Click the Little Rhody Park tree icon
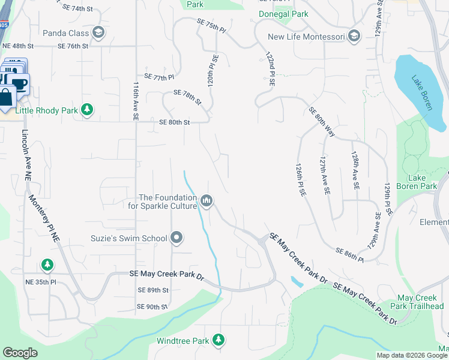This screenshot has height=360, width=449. pos(88,109)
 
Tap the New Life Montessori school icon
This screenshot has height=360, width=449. pos(354,37)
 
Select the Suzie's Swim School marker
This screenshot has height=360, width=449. pos(176,239)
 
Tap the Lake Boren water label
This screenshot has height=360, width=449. pos(422,91)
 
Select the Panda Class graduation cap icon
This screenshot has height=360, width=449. pos(99,34)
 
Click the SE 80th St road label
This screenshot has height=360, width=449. pos(175,122)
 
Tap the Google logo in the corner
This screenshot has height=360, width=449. pos(20,352)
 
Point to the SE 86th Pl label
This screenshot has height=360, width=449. pos(349,254)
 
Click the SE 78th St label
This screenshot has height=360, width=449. pos(188,97)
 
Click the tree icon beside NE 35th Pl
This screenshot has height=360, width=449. pos(47,264)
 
